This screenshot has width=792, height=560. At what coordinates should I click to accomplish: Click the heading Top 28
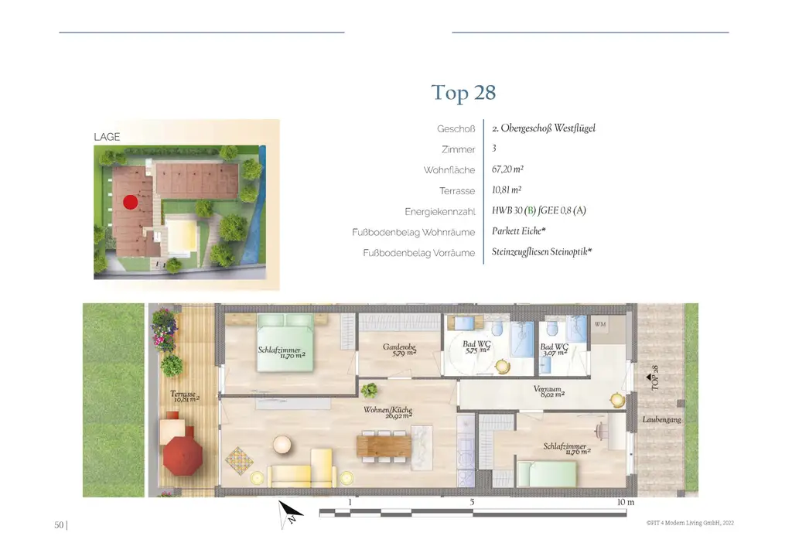(x=463, y=94)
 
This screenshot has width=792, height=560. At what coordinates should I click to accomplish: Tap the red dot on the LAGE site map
(x=130, y=202)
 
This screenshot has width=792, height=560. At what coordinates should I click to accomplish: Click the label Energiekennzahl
(x=439, y=211)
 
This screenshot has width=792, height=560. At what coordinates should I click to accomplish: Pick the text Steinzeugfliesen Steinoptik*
(x=541, y=252)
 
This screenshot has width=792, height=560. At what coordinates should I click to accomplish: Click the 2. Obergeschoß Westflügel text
(x=543, y=128)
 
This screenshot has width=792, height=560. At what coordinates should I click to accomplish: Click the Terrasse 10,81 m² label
(x=185, y=397)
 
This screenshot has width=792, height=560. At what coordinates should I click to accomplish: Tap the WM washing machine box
(x=601, y=326)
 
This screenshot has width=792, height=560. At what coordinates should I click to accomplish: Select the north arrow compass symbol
(x=291, y=512)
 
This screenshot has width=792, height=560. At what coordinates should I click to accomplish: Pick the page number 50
(x=59, y=525)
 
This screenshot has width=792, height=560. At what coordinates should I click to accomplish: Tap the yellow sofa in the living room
(x=300, y=472)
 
